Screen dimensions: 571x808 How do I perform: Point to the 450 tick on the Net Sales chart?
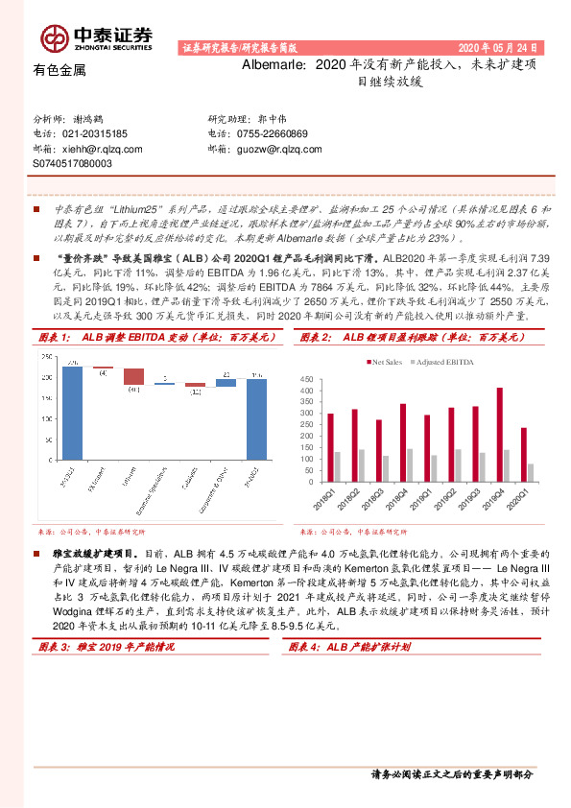coord(307,379)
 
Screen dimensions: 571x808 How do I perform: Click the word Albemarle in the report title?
coord(274,65)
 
